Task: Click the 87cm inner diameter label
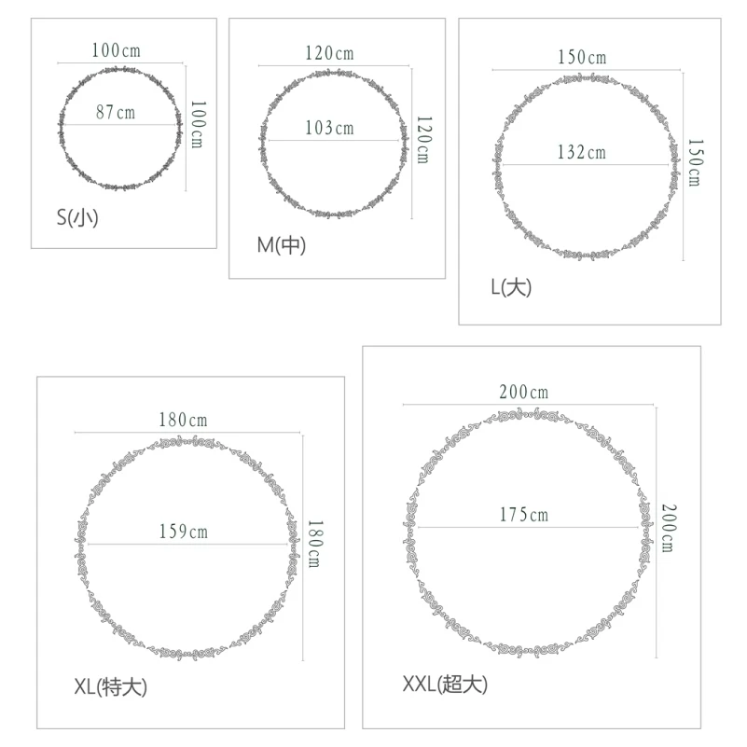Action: (116, 113)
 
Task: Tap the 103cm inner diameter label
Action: (330, 128)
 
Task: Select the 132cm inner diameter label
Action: (582, 152)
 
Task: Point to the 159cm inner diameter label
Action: (184, 532)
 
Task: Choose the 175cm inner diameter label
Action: (524, 515)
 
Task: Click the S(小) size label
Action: (77, 217)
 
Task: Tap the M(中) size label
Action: (281, 245)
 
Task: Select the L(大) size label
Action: (511, 287)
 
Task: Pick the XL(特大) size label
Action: (111, 687)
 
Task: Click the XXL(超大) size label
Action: (445, 685)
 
